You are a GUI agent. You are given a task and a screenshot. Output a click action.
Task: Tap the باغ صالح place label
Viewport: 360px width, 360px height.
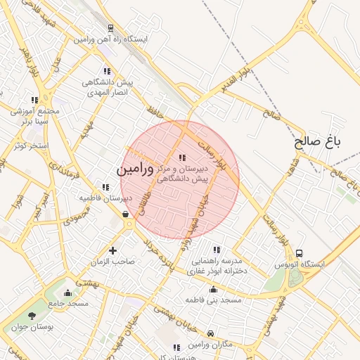(317, 141)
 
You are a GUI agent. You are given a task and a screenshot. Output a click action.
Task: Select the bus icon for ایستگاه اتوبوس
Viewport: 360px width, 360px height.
(300, 253)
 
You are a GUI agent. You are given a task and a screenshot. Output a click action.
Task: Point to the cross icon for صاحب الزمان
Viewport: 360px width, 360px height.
(112, 250)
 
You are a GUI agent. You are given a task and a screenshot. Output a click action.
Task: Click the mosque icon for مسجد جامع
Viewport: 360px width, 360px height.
(67, 292)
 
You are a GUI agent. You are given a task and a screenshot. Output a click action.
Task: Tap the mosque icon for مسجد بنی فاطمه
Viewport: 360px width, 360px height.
(214, 289)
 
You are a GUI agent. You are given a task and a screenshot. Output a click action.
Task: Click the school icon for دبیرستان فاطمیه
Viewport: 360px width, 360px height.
(105, 187)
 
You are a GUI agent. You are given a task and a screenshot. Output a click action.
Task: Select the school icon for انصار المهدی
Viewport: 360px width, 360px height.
(107, 71)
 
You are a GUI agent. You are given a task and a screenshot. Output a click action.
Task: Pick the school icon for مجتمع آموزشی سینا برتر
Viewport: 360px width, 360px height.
(35, 101)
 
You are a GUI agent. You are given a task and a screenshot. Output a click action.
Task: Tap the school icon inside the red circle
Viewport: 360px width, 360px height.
(183, 157)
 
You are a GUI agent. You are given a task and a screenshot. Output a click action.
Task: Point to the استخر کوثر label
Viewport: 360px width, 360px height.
(30, 146)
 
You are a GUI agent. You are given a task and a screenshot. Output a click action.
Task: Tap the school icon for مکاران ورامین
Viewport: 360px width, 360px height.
(176, 347)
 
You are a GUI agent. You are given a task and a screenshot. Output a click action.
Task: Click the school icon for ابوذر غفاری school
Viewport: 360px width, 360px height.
(217, 250)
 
